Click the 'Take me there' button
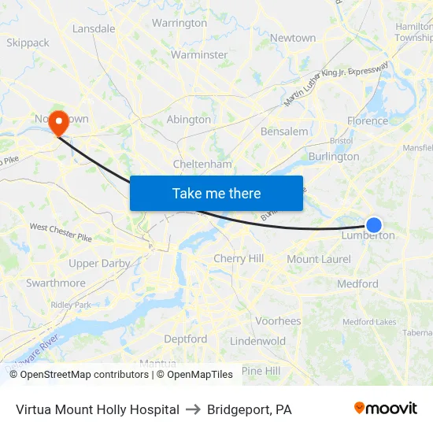pyautogui.click(x=216, y=193)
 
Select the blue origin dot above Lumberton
pyautogui.click(x=374, y=224)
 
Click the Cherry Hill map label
pyautogui.click(x=239, y=258)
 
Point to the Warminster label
pyautogui.click(x=199, y=55)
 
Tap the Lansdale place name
pyautogui.click(x=94, y=29)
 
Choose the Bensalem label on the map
pyautogui.click(x=284, y=131)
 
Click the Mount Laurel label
pyautogui.click(x=318, y=259)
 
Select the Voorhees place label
pyautogui.click(x=278, y=321)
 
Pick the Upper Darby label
pyautogui.click(x=99, y=263)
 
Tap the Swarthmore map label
pyautogui.click(x=56, y=283)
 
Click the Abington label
pyautogui.click(x=189, y=120)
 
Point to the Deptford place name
pyautogui.click(x=186, y=339)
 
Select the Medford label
pyautogui.click(x=357, y=283)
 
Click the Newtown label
pyautogui.click(x=293, y=38)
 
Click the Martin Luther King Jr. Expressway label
pyautogui.click(x=336, y=85)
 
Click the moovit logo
pyautogui.click(x=385, y=409)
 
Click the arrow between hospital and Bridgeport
pyautogui.click(x=193, y=409)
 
